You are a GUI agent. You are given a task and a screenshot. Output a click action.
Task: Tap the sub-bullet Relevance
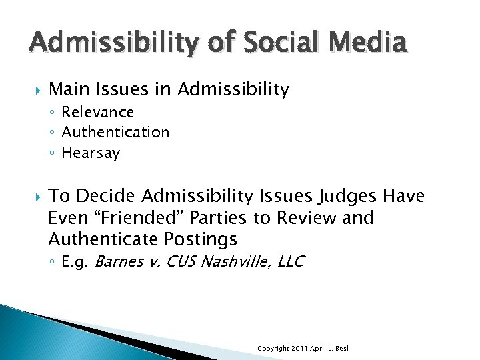[x=97, y=112]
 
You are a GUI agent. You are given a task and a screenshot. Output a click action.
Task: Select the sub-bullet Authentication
[x=115, y=132]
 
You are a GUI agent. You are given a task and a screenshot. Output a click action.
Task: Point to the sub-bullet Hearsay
[x=91, y=153]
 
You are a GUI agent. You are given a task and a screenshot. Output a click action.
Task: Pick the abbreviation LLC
[x=291, y=261]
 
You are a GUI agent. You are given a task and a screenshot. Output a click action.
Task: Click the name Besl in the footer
[x=342, y=349]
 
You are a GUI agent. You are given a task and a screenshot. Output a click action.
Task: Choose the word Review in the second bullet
[x=313, y=217]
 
